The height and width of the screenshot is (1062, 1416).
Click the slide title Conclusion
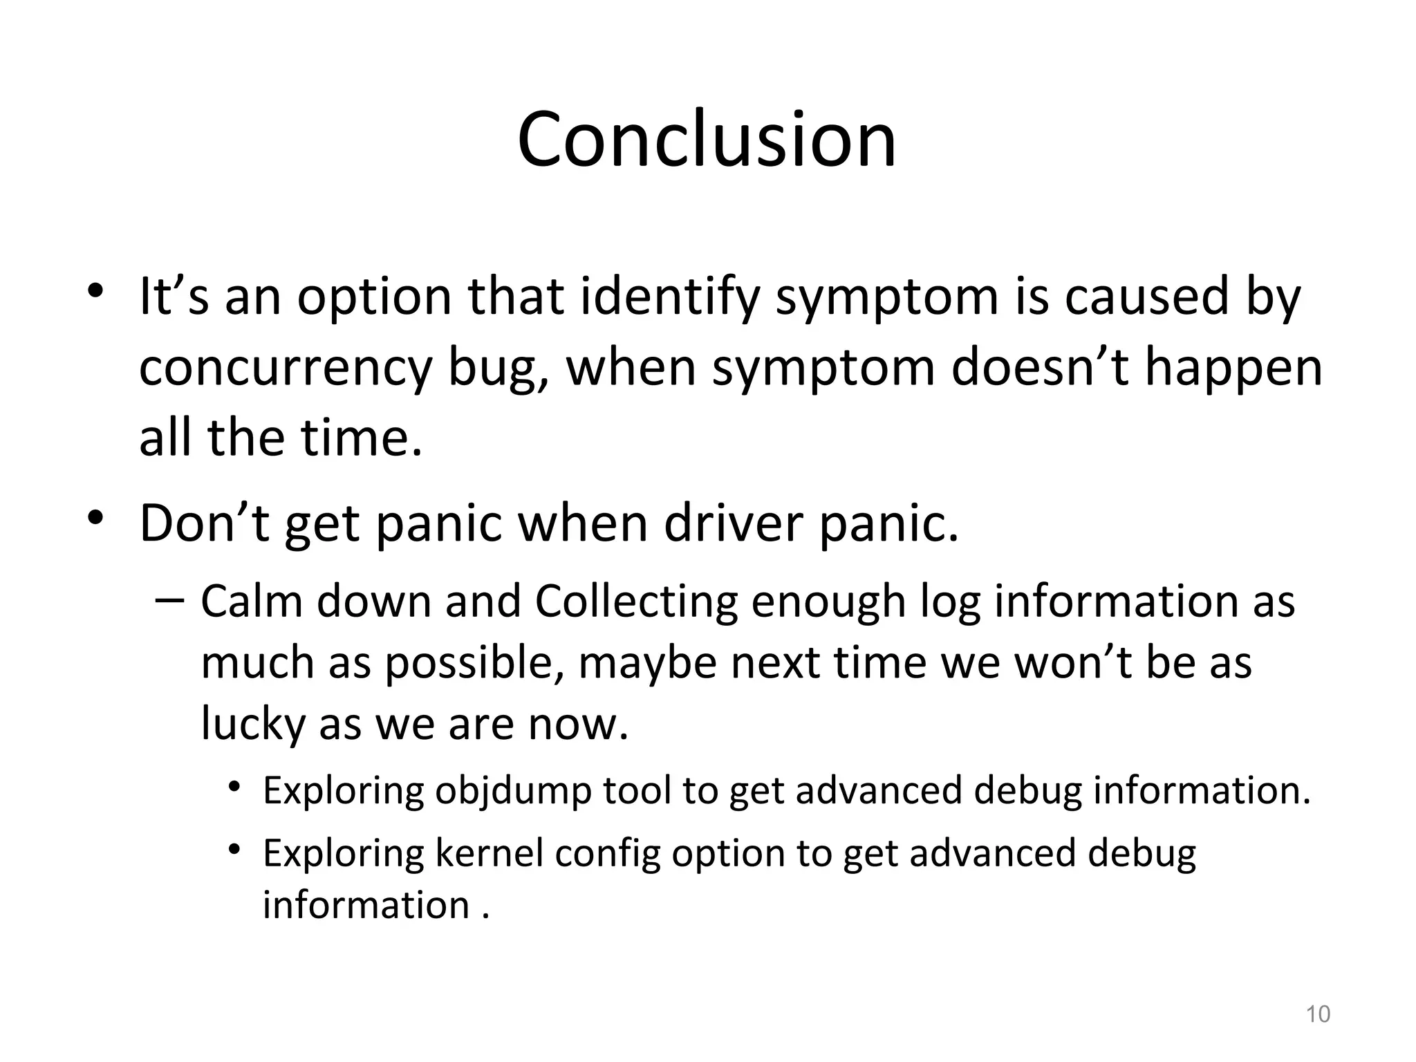click(x=707, y=140)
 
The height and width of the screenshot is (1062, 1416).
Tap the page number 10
click(x=1318, y=1014)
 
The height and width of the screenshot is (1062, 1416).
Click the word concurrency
click(x=285, y=369)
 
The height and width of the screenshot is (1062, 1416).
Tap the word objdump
click(x=512, y=790)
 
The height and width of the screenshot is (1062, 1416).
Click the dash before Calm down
click(x=169, y=599)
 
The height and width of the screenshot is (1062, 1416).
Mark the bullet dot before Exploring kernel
click(x=235, y=849)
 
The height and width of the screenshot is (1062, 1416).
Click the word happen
click(x=1233, y=369)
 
